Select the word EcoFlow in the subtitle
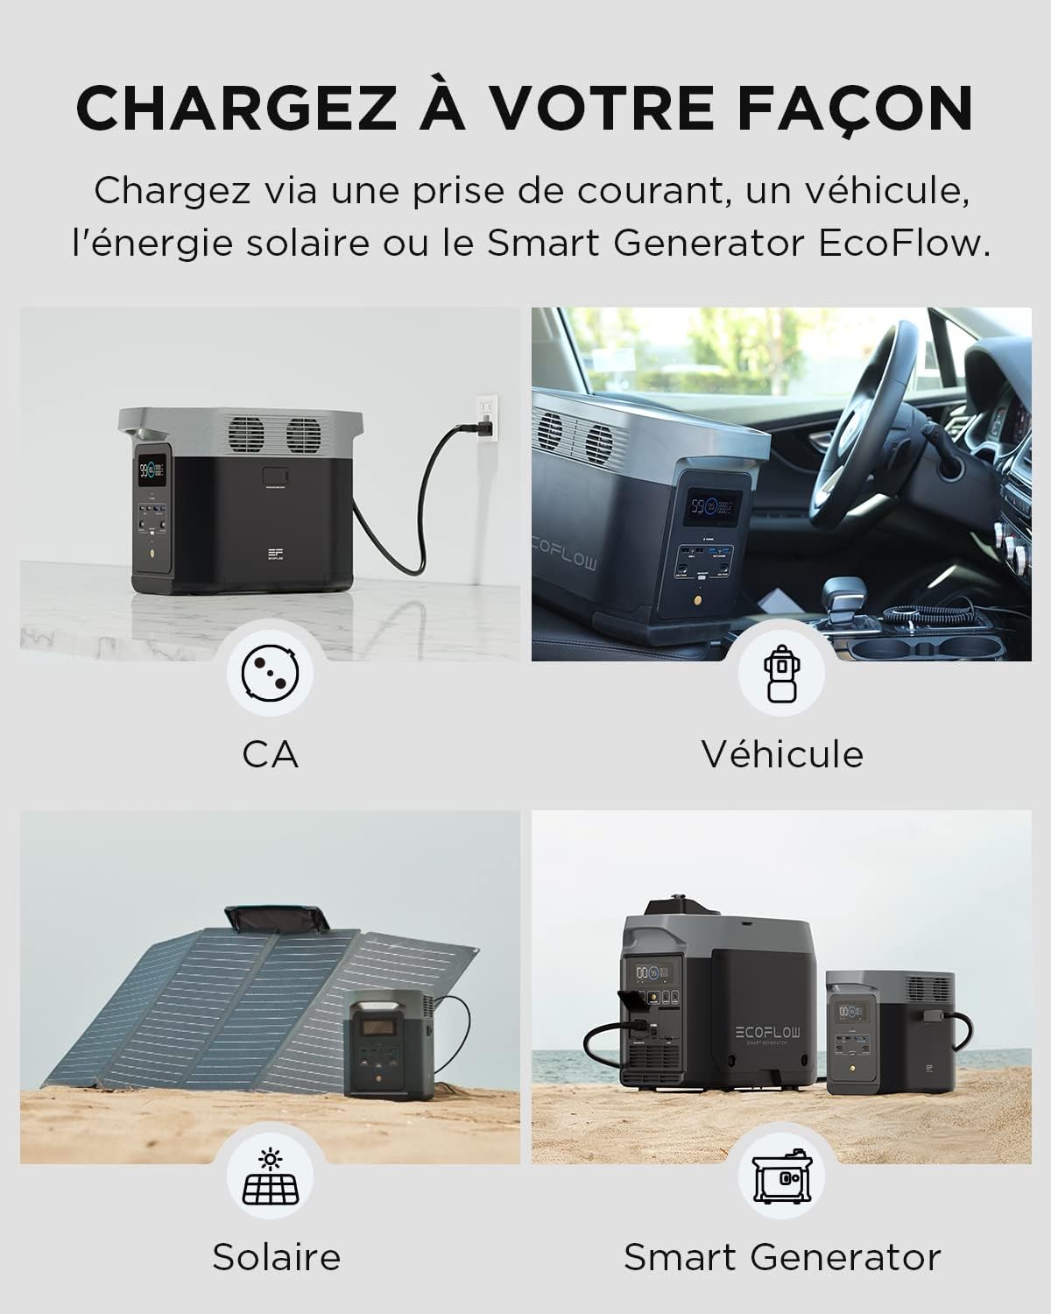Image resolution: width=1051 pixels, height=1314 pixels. point(903,243)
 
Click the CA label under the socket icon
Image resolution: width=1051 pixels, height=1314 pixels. point(270,755)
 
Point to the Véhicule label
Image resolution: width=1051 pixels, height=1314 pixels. point(782,754)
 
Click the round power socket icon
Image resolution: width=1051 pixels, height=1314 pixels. point(270,672)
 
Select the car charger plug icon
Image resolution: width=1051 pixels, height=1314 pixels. point(782,674)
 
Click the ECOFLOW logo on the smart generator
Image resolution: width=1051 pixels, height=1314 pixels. point(767,1032)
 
